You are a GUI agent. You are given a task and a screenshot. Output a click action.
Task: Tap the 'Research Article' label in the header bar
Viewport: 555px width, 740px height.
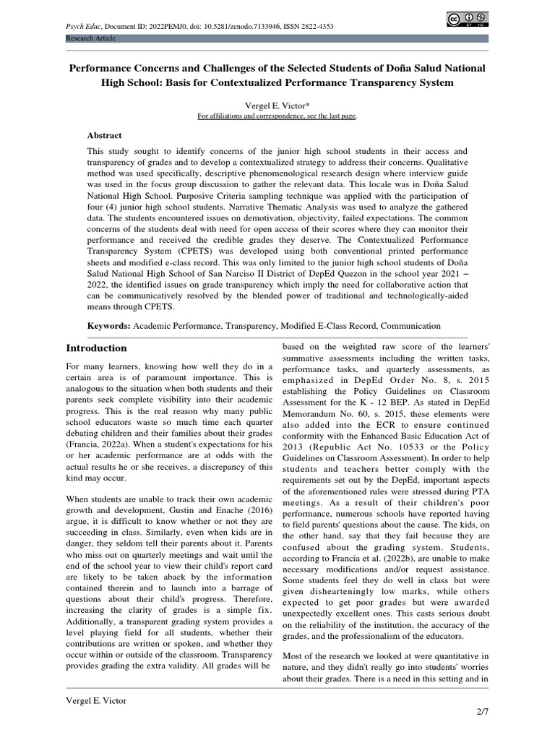point(91,38)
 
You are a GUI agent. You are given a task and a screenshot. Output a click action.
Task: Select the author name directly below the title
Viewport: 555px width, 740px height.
point(277,105)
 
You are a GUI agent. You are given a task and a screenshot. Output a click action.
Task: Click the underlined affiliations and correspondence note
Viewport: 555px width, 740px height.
point(277,116)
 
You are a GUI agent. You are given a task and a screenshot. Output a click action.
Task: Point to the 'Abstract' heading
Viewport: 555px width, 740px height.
point(105,135)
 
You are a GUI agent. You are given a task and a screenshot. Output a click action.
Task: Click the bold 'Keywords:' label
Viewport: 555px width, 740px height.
point(108,326)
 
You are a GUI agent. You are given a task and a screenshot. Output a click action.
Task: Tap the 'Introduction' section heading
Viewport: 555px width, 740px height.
point(96,348)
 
